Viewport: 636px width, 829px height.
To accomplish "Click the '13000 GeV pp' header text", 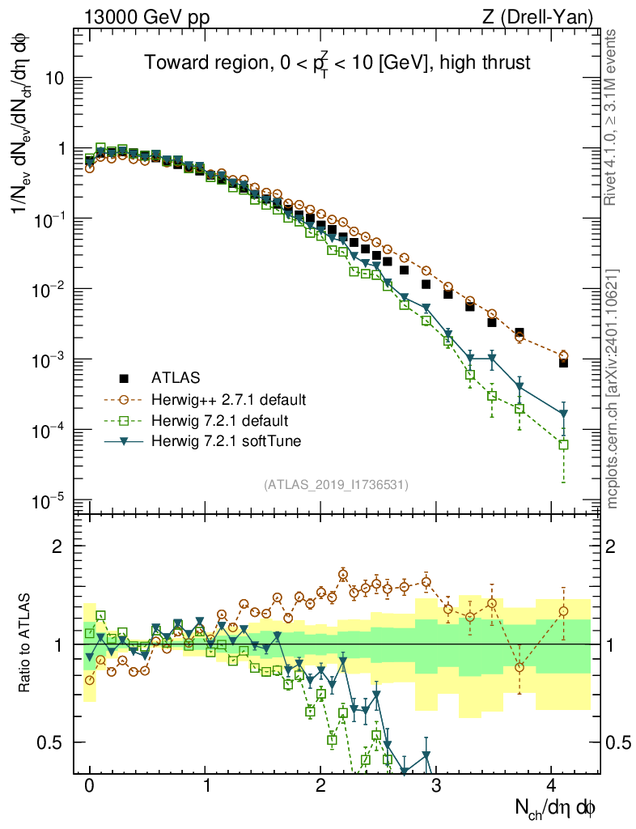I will coord(145,16).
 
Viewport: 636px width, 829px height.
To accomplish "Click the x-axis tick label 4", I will coord(551,785).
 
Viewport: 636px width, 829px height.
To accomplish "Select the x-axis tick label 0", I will coord(89,785).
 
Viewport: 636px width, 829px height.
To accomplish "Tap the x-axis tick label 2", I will coord(320,785).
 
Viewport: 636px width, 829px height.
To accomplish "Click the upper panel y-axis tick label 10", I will coord(56,79).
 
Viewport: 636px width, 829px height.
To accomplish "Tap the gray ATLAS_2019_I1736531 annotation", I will coord(336,485).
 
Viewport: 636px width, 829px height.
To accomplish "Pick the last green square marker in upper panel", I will coord(563,444).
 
